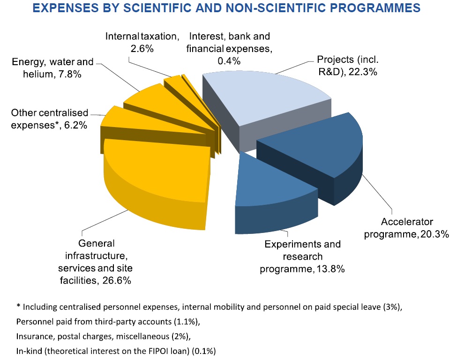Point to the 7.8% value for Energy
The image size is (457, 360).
coord(67,74)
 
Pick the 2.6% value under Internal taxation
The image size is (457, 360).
coord(142,48)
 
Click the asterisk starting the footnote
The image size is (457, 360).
coord(18,307)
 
